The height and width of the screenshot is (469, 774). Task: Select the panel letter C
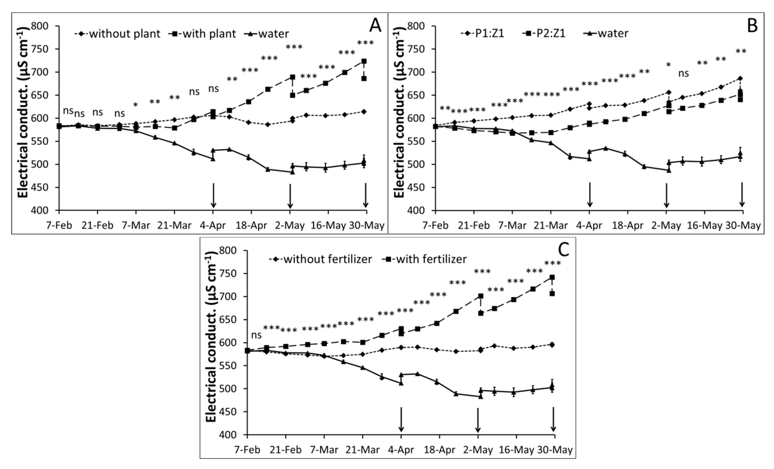tap(564, 250)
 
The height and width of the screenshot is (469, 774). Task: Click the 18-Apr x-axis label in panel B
tap(628, 226)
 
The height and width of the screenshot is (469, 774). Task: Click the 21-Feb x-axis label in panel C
tap(286, 450)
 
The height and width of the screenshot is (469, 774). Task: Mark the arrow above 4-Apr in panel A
tap(213, 195)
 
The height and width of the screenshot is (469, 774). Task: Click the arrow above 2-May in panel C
tap(478, 420)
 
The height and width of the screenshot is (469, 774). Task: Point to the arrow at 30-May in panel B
tap(742, 195)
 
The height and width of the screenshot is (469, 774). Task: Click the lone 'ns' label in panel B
tap(684, 74)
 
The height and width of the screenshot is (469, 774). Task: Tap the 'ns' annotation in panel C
tap(256, 335)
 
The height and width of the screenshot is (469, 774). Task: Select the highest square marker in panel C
tap(552, 277)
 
